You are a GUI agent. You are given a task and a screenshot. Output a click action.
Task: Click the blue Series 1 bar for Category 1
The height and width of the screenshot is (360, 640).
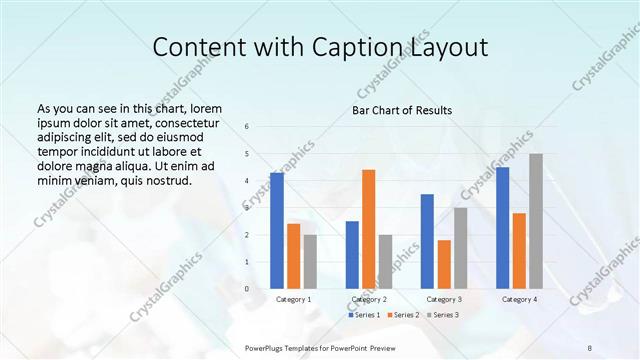277,230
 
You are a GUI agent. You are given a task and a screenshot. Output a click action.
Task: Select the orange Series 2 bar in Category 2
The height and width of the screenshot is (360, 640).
369,229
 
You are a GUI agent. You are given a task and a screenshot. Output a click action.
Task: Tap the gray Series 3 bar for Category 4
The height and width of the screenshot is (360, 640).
536,221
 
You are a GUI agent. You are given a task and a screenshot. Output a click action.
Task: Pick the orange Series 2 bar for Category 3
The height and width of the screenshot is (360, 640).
444,264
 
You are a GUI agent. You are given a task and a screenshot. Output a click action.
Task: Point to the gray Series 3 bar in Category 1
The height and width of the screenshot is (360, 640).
310,261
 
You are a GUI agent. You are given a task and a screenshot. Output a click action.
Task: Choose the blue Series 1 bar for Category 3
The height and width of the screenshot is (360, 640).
427,241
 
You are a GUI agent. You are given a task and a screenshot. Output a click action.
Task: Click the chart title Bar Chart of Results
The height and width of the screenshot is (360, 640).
402,110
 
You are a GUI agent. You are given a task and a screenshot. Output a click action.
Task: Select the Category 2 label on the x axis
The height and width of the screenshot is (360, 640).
369,299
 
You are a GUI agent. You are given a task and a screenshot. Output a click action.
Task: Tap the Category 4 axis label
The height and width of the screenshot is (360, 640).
519,299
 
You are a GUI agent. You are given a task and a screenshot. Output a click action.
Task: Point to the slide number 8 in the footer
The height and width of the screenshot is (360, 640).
590,348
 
